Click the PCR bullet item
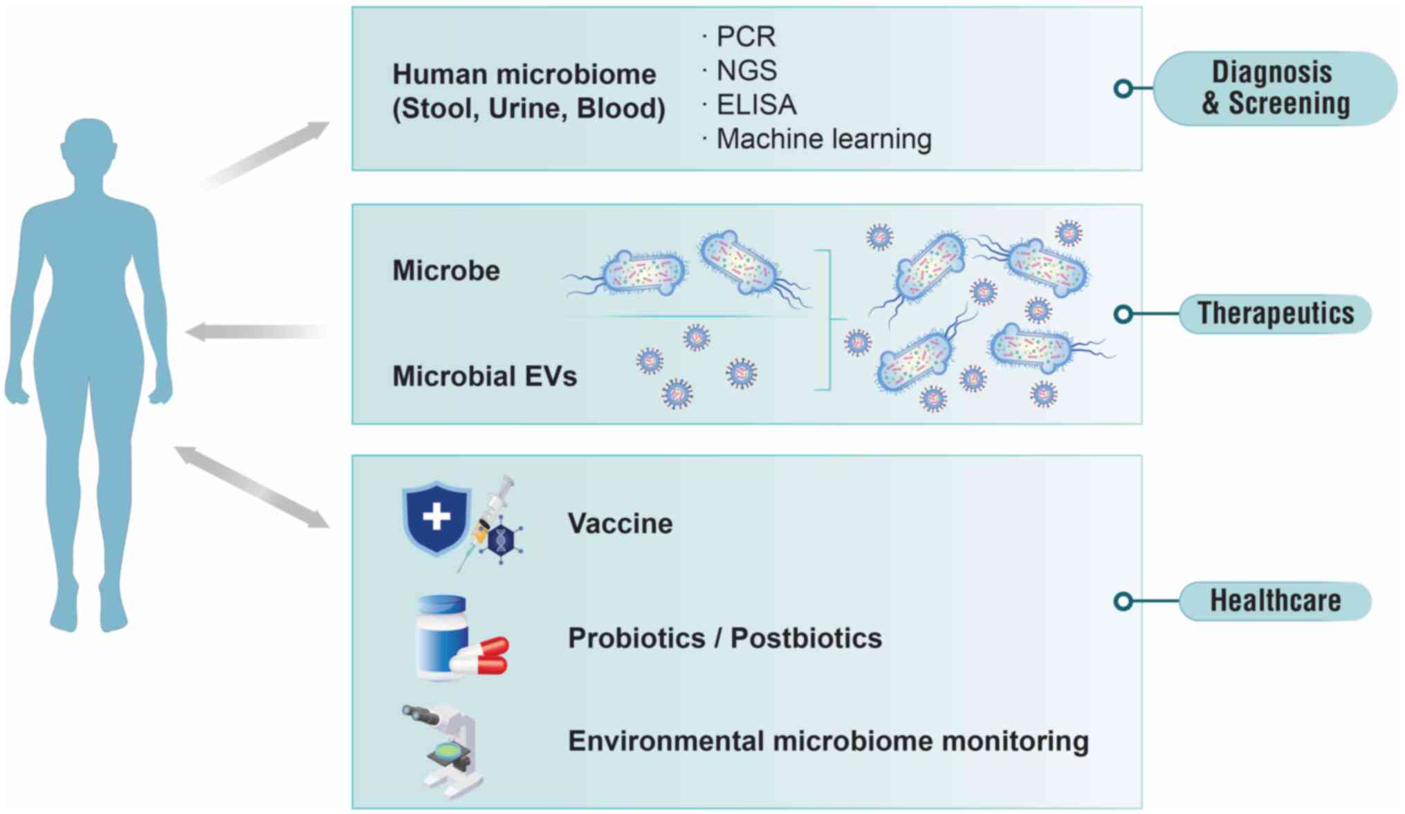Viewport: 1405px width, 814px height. pos(745,37)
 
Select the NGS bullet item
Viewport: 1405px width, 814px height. pos(746,71)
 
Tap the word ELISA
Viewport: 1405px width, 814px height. pos(756,105)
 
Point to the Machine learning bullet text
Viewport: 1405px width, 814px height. pos(823,139)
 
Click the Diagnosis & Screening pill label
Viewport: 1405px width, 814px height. pos(1275,88)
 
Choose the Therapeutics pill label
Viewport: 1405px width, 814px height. pos(1275,313)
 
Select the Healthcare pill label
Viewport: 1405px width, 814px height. pos(1275,600)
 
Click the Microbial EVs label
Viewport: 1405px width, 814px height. pos(484,376)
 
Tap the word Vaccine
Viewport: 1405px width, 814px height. pos(620,524)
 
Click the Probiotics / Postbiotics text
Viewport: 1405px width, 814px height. pos(724,638)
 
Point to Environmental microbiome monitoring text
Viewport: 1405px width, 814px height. pos(828,741)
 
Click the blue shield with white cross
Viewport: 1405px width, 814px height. pos(436,517)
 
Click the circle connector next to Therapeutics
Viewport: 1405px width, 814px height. pos(1123,314)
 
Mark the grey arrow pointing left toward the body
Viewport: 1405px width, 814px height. pos(256,332)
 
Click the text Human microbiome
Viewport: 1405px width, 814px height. pos(524,74)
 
